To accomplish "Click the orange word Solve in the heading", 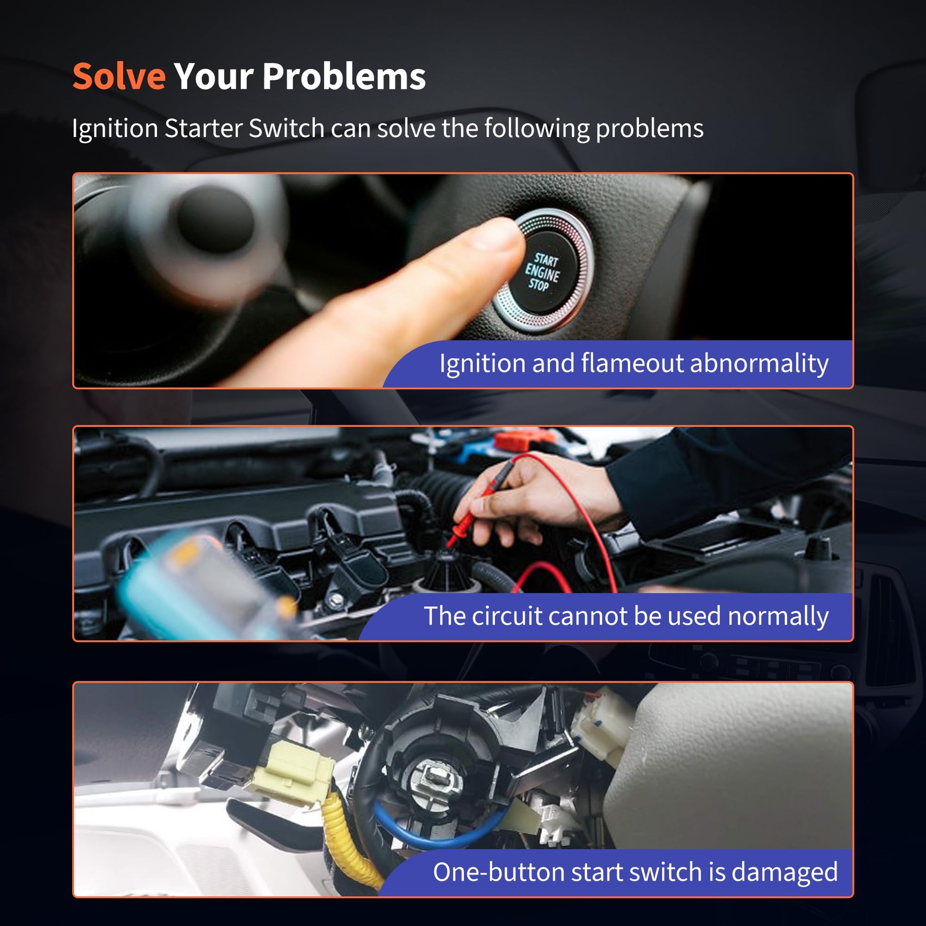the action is click(x=119, y=76).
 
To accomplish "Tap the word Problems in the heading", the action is click(x=344, y=76).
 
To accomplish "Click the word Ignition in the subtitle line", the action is click(x=115, y=128).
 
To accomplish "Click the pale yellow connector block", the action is click(x=291, y=770).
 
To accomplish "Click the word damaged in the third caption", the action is click(x=785, y=872).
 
